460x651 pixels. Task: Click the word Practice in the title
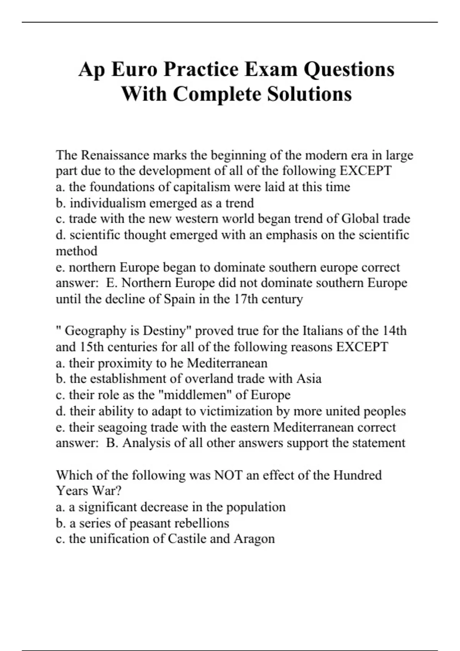199,70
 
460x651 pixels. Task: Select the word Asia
309,379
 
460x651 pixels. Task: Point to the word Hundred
357,475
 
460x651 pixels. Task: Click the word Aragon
254,539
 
